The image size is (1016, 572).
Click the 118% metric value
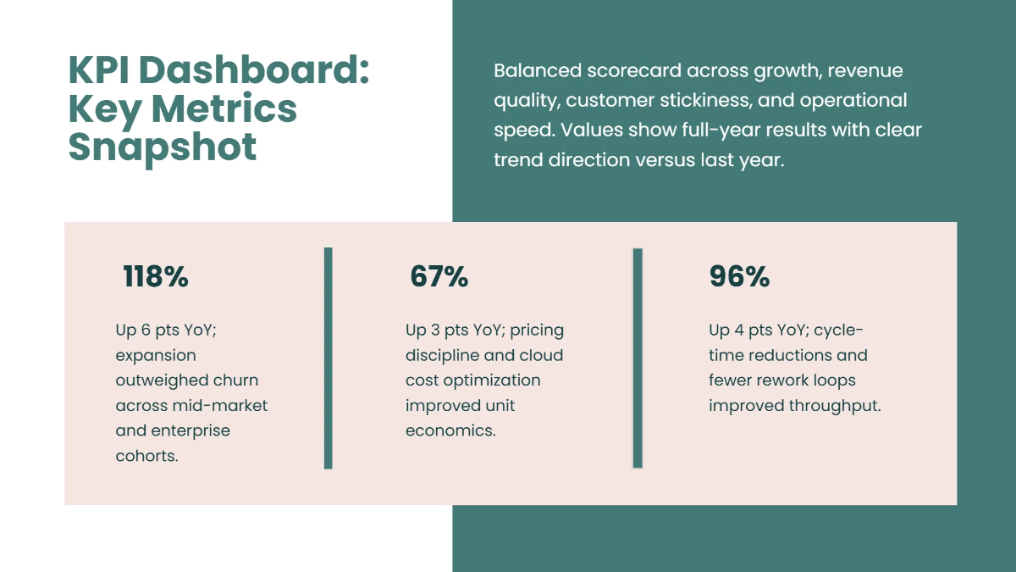(156, 277)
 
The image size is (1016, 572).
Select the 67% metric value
(439, 277)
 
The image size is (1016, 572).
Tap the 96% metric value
(739, 277)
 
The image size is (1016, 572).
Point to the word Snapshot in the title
(163, 147)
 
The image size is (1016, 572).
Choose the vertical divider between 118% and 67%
(329, 358)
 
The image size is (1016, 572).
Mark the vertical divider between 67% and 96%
(638, 358)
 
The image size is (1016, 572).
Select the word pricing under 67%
(537, 330)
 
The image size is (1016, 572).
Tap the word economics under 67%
(449, 430)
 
